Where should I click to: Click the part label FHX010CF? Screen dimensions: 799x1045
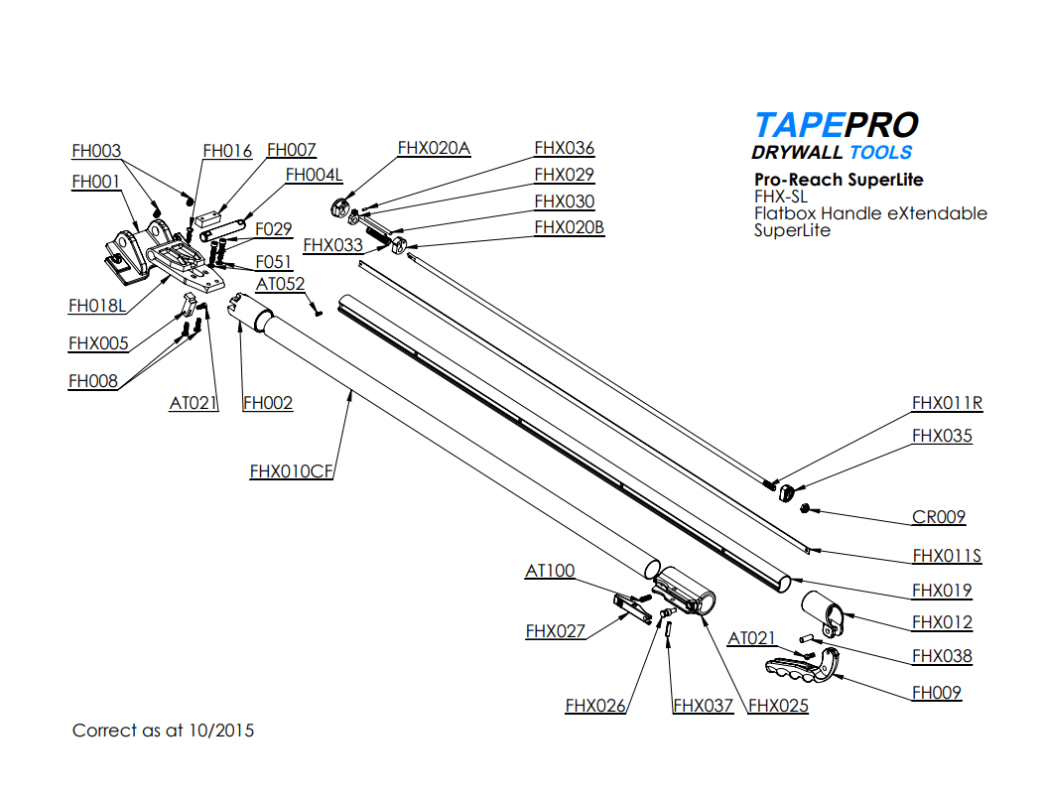tap(291, 472)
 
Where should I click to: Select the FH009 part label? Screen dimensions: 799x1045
tap(937, 693)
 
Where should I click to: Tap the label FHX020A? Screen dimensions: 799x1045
tap(434, 149)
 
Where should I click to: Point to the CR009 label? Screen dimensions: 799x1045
tap(939, 517)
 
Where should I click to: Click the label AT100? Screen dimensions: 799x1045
tap(550, 572)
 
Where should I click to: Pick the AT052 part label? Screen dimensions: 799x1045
tap(281, 285)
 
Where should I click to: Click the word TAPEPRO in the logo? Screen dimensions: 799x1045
tap(836, 125)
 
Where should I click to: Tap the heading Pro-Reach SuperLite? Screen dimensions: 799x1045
tap(839, 180)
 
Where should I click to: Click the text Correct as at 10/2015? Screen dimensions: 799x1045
tap(163, 731)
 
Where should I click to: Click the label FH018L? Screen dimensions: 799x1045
tap(97, 306)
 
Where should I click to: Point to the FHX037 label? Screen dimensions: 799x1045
tap(703, 706)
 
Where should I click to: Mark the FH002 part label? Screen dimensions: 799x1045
tap(268, 403)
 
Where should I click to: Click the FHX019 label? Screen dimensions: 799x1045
tap(942, 591)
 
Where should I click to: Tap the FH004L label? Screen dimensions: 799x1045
tap(314, 176)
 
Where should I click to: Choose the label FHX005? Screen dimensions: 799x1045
tap(98, 344)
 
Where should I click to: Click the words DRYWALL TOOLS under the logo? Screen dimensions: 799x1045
tap(832, 153)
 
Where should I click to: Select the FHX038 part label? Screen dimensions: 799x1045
tap(942, 656)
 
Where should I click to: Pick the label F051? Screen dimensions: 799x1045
tap(273, 262)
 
